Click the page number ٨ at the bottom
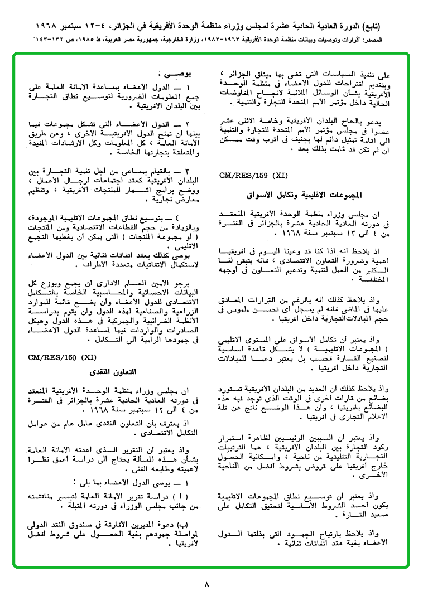206,585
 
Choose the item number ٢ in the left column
188,122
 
